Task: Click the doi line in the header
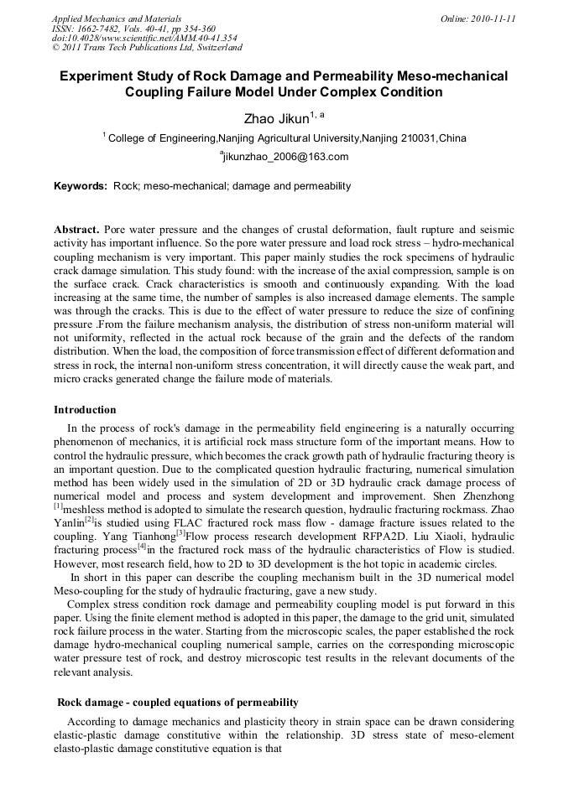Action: point(144,38)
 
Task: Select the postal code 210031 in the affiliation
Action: point(416,138)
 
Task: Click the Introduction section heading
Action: point(85,410)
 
